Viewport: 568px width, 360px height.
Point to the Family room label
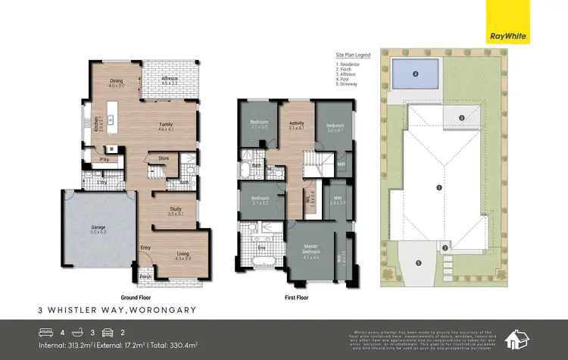point(167,125)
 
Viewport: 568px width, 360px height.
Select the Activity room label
point(295,124)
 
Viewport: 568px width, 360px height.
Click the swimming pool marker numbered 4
point(416,74)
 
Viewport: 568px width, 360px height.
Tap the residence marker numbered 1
point(438,186)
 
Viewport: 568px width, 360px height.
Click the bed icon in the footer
point(46,331)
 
